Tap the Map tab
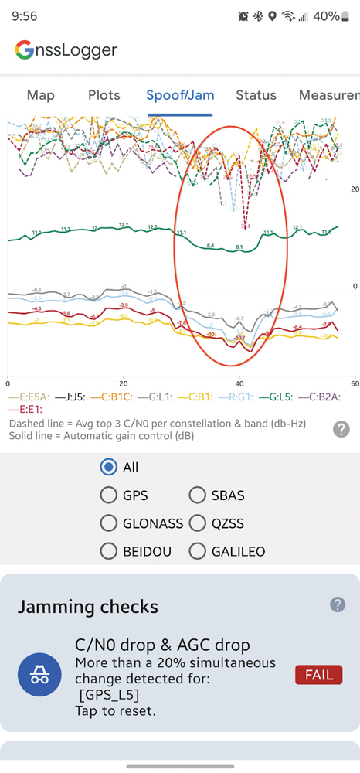[x=41, y=95]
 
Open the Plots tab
[x=104, y=95]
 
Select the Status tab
[x=256, y=95]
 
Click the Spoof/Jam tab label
[x=180, y=95]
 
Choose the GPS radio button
[x=109, y=495]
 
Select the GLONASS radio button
[x=109, y=523]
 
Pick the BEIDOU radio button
[x=109, y=551]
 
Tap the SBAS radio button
[x=197, y=495]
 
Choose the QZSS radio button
[x=197, y=523]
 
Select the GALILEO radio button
[x=197, y=551]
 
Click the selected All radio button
[x=109, y=467]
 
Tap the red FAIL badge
[x=318, y=675]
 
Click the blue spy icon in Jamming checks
[x=39, y=674]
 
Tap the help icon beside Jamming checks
[x=337, y=604]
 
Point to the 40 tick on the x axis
[x=239, y=383]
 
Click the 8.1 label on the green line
[x=239, y=247]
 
